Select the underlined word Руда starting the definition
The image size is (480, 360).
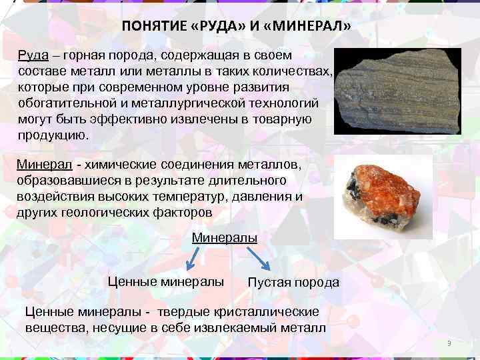coord(31,55)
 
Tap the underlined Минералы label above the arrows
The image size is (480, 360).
coord(225,237)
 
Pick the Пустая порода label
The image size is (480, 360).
coord(293,283)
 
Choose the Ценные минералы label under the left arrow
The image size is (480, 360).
coord(166,281)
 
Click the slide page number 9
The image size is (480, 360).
coord(449,343)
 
